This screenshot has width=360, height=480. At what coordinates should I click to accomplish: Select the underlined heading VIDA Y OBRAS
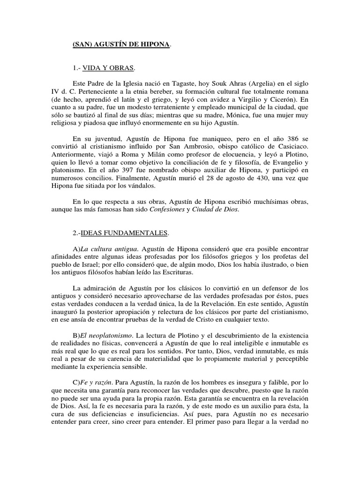click(108, 68)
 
